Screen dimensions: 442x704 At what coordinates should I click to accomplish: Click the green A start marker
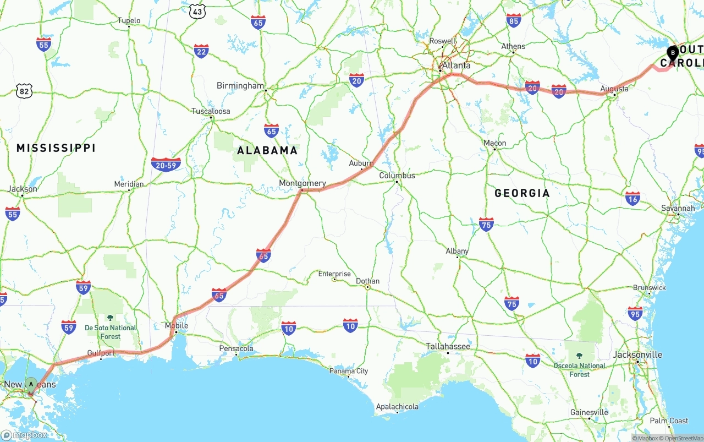click(31, 384)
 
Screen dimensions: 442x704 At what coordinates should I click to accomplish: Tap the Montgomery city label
click(302, 183)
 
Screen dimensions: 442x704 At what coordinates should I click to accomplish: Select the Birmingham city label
click(240, 86)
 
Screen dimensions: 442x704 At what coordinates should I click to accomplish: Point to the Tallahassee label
click(448, 346)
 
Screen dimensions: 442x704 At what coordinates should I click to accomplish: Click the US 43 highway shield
click(197, 10)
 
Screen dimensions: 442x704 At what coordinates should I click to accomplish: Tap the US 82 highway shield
click(24, 91)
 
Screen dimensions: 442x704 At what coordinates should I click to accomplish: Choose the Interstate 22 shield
click(201, 52)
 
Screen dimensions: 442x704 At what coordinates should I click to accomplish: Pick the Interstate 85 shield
click(514, 21)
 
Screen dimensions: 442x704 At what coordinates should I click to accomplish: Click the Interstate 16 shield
click(632, 199)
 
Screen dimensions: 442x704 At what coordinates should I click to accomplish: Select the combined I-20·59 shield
click(166, 165)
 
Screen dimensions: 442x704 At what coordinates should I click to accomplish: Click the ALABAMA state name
click(267, 150)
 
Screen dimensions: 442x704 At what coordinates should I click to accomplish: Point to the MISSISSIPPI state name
click(56, 148)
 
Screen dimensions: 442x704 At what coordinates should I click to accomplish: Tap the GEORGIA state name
click(522, 193)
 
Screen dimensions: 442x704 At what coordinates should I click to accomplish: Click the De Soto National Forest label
click(111, 331)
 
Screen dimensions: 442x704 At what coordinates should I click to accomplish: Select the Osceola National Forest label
click(580, 369)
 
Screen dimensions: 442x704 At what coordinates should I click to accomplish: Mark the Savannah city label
click(678, 208)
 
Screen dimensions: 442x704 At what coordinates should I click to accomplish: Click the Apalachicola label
click(397, 407)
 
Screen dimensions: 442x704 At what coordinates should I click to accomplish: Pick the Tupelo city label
click(129, 21)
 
